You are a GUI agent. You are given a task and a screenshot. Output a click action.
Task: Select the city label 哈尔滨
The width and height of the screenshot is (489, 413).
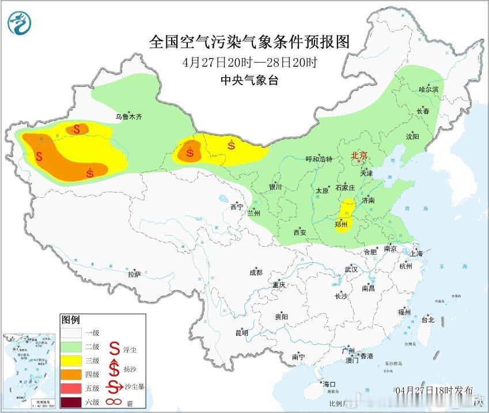point(429,90)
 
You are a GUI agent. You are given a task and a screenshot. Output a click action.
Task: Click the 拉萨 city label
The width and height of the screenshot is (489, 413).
point(134,274)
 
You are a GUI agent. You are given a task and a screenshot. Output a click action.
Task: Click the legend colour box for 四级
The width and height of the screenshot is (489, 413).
point(72,374)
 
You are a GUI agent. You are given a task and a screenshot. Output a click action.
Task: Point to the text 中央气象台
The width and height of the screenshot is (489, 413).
point(249,81)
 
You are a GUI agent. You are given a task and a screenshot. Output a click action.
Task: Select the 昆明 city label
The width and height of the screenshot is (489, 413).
point(242,333)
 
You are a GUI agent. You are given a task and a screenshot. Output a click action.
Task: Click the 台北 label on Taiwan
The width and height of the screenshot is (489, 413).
point(428,320)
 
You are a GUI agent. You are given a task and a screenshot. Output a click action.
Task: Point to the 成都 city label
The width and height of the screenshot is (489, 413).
point(256,273)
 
